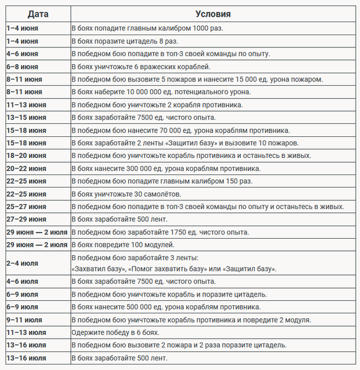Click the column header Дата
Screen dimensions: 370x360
click(36, 14)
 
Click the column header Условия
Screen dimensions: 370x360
click(213, 14)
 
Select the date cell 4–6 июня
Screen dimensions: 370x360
click(22, 54)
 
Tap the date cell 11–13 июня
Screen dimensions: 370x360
click(26, 105)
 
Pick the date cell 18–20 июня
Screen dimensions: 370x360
click(26, 155)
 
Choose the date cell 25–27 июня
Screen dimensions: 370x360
click(26, 207)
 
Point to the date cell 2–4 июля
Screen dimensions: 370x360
click(22, 263)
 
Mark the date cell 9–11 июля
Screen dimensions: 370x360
click(24, 319)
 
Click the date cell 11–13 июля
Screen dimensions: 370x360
click(26, 332)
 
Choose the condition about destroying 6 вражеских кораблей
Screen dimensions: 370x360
click(142, 67)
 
